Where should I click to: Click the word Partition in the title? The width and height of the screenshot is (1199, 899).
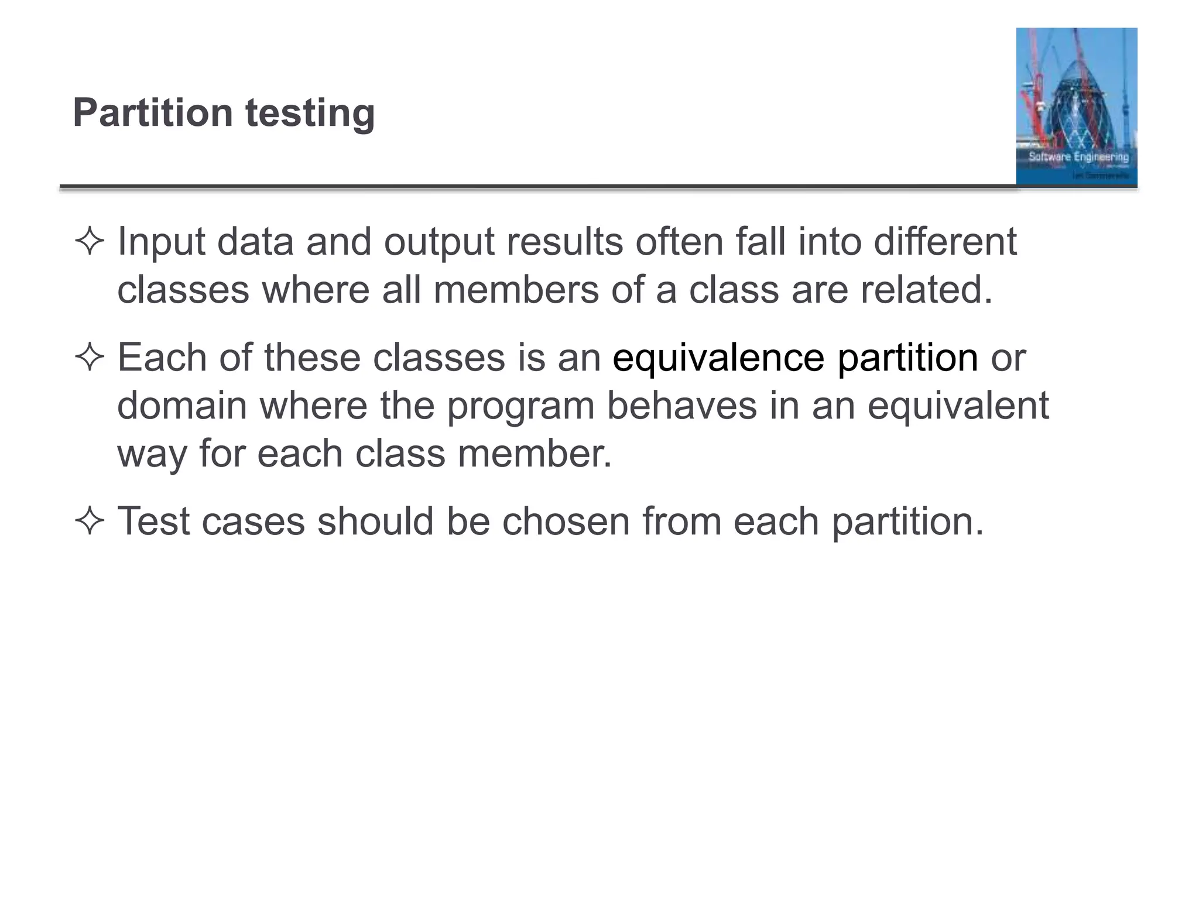click(153, 112)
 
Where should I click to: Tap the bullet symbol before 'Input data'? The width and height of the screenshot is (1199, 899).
click(90, 241)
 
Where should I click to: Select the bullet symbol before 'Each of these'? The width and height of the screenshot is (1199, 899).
click(90, 357)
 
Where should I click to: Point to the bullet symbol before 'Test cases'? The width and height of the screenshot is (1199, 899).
click(90, 520)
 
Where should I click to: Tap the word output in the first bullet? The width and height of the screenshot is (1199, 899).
click(439, 241)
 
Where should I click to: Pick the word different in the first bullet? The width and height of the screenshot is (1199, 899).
click(946, 241)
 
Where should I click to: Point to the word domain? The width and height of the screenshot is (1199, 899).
click(182, 405)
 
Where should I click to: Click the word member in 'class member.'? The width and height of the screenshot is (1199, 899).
click(535, 453)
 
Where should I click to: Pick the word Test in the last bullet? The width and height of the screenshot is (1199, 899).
click(153, 520)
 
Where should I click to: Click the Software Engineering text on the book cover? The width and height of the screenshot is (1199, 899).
click(1078, 157)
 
